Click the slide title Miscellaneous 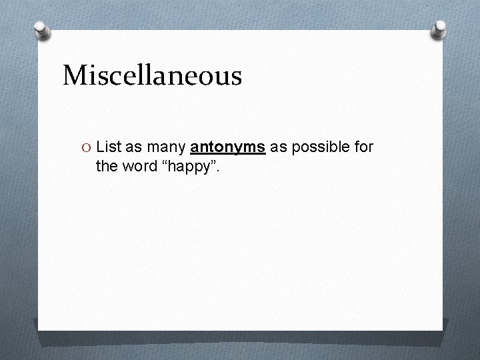pos(152,75)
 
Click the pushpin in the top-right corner pos(440,28)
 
